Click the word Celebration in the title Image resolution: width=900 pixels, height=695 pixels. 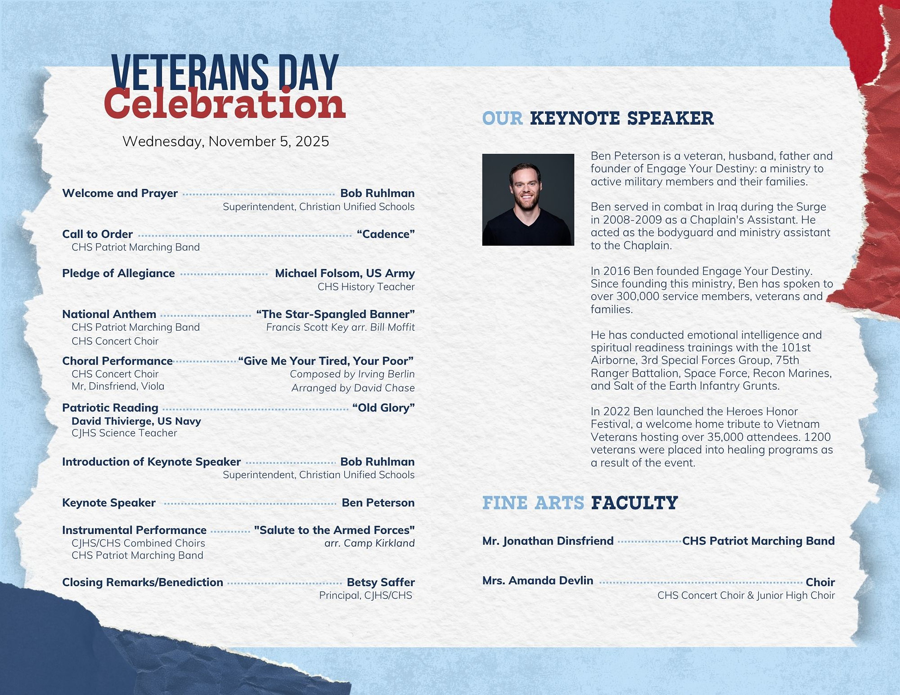click(225, 103)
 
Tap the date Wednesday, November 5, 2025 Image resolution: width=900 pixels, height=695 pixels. click(226, 142)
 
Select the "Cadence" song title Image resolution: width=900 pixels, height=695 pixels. click(386, 234)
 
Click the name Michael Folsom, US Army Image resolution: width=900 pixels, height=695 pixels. click(345, 274)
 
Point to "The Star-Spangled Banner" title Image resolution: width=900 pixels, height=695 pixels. click(335, 314)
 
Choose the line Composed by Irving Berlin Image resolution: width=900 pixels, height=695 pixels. click(352, 374)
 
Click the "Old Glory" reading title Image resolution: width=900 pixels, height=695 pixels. click(383, 408)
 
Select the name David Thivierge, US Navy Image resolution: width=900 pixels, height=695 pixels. click(136, 421)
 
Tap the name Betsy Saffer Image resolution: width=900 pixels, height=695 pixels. click(381, 582)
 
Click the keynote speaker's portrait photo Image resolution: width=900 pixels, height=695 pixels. click(528, 200)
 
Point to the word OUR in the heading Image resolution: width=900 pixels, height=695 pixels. click(502, 119)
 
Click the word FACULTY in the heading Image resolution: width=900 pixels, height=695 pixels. click(634, 503)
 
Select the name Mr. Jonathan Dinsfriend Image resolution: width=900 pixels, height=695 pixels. click(548, 541)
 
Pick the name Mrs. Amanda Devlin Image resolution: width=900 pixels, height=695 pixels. click(538, 580)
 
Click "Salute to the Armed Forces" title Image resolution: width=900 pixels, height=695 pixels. click(334, 530)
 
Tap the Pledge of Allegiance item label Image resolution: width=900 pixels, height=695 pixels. click(118, 274)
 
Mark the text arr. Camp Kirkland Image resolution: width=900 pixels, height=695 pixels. click(369, 544)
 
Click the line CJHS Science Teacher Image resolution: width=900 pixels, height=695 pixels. click(124, 433)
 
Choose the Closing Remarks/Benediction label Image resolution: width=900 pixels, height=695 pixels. click(143, 583)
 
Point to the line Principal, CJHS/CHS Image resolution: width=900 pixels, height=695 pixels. click(366, 596)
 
